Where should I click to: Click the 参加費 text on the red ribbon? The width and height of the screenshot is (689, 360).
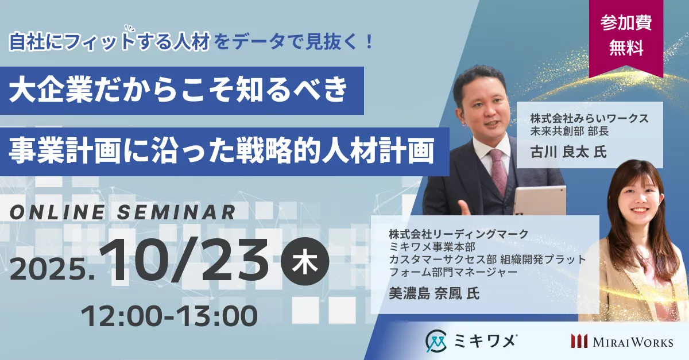tap(626, 23)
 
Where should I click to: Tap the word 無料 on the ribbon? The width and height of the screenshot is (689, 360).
tap(626, 48)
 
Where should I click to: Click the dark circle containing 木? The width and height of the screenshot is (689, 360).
tap(305, 261)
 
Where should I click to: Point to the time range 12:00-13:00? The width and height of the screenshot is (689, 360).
tap(169, 316)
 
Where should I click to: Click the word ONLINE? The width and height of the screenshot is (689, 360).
tap(57, 212)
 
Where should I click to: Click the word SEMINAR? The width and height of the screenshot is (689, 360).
tap(176, 212)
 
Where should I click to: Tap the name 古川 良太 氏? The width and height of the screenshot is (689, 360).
tap(568, 152)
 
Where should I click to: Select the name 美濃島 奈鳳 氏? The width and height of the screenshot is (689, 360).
tap(434, 293)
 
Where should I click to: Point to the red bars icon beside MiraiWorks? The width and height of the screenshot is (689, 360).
tap(579, 341)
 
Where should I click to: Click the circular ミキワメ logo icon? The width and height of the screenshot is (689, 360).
tap(436, 341)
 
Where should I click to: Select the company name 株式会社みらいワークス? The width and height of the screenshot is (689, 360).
tap(589, 118)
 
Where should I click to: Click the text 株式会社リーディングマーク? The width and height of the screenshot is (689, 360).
tap(458, 234)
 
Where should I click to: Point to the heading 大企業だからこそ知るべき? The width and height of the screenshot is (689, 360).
tap(179, 91)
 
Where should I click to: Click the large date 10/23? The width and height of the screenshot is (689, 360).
tap(184, 260)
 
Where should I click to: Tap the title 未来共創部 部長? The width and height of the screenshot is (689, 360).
tap(570, 131)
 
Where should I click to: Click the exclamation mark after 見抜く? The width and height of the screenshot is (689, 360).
tap(369, 42)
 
